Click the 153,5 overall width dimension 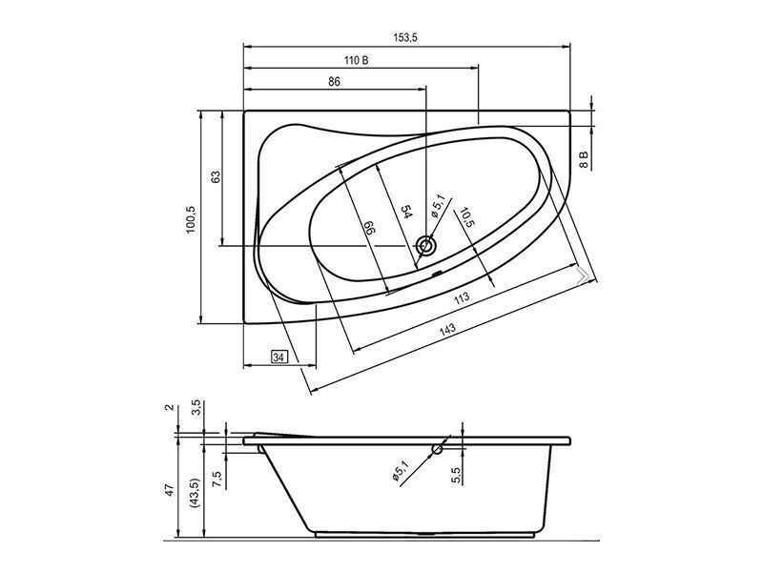click(x=405, y=37)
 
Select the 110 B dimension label click(x=356, y=60)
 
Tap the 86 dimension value click(x=334, y=81)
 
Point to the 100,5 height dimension click(x=190, y=219)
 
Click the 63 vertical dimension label click(x=216, y=176)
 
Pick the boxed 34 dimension click(x=278, y=357)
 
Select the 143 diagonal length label click(x=447, y=329)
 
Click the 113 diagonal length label click(x=462, y=296)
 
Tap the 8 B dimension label click(x=584, y=159)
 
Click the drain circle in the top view click(x=426, y=246)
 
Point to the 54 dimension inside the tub click(x=406, y=212)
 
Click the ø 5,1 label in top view click(x=438, y=205)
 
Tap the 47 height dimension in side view click(x=169, y=490)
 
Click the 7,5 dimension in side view click(x=217, y=480)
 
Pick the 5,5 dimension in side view click(x=456, y=476)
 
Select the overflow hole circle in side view click(x=438, y=449)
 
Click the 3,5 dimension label click(x=196, y=407)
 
